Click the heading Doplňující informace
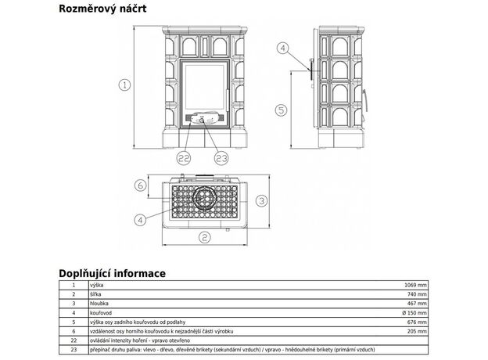tap(112, 273)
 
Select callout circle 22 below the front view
tap(185, 158)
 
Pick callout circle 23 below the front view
tap(221, 158)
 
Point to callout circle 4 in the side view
tap(282, 49)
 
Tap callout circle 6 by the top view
tap(140, 186)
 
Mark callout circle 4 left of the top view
tap(139, 219)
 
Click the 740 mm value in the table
tap(417, 294)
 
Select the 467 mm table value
tap(417, 303)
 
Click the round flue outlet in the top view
tap(206, 199)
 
